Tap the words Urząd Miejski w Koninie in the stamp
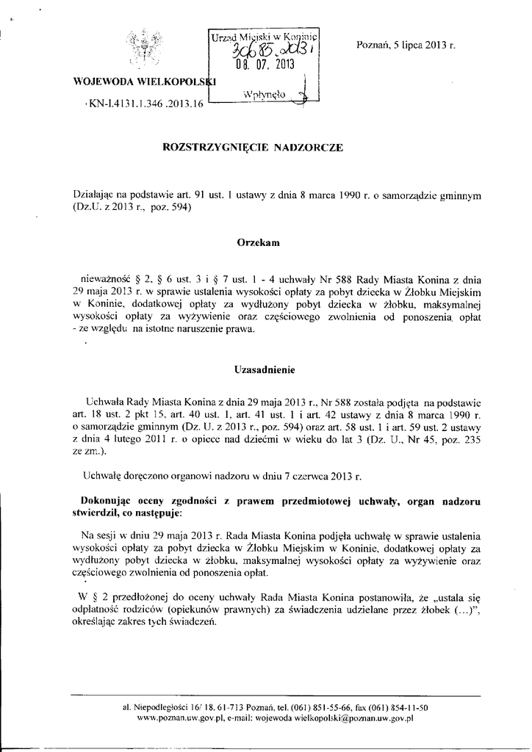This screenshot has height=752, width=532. (262, 36)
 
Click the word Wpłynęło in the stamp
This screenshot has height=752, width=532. (262, 94)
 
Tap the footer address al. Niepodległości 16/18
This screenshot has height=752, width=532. (168, 707)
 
